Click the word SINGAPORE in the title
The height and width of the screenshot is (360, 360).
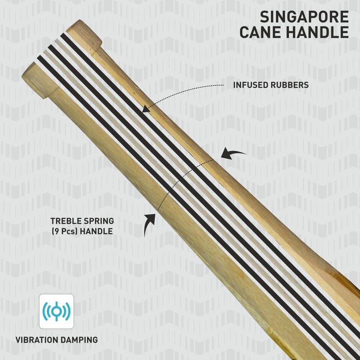(304, 17)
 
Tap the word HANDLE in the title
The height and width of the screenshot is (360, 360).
(317, 32)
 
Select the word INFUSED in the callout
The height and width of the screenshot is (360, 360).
(251, 85)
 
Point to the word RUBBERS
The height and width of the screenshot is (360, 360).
(290, 85)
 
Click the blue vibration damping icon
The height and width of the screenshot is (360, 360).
(57, 311)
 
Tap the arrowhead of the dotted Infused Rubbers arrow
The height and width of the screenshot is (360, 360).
(145, 109)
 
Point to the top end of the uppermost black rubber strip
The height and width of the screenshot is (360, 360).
(63, 36)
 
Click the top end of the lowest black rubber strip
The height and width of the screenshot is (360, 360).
(39, 58)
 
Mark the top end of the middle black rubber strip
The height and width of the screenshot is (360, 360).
(50, 47)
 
